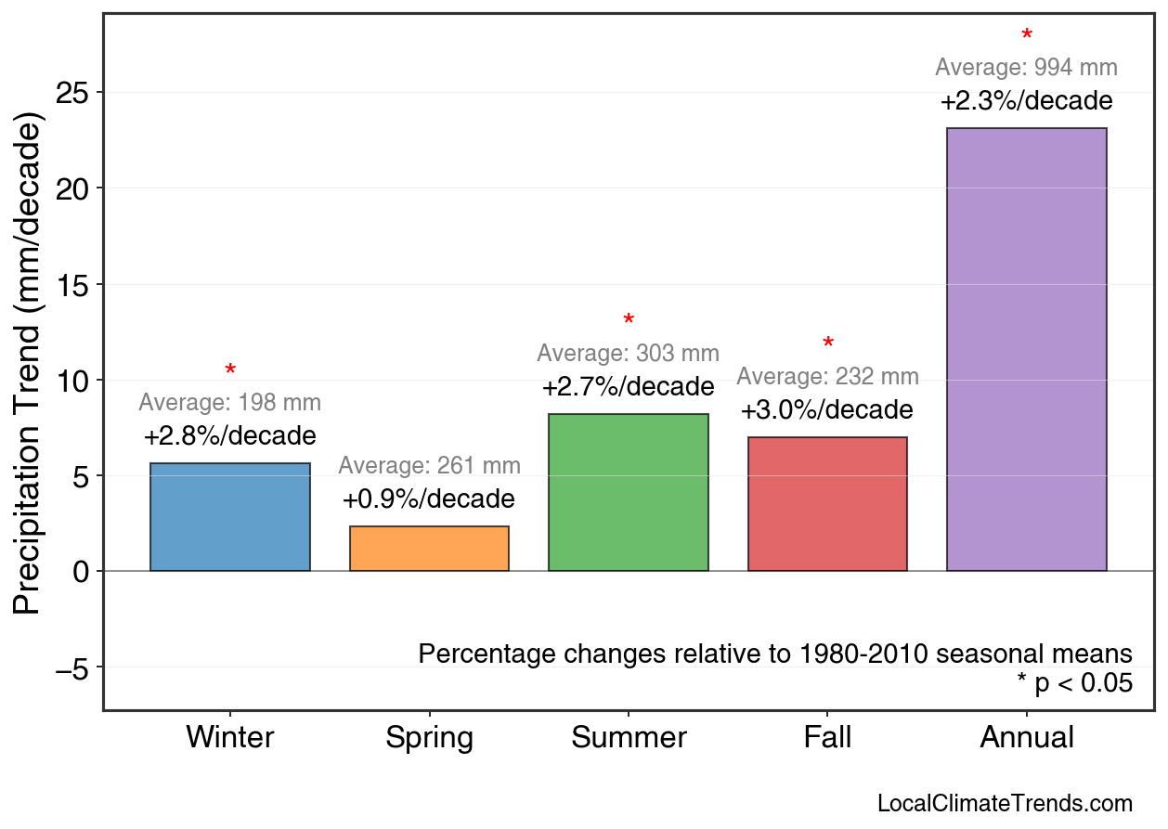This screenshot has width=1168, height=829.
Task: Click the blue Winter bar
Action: click(x=230, y=517)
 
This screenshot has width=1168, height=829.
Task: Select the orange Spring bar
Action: click(x=429, y=549)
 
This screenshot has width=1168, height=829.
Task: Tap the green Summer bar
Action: click(x=629, y=492)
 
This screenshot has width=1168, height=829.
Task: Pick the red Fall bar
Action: click(x=827, y=504)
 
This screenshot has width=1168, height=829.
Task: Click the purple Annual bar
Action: click(x=1026, y=349)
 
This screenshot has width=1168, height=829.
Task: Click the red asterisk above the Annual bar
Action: click(x=1026, y=36)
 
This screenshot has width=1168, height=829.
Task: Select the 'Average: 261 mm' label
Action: click(x=429, y=466)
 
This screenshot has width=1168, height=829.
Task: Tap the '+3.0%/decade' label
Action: click(x=827, y=410)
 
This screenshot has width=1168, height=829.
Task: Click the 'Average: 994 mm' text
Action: click(x=1026, y=68)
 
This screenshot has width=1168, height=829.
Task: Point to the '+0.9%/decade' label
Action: click(x=429, y=499)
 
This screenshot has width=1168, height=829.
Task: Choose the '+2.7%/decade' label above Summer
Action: click(x=629, y=386)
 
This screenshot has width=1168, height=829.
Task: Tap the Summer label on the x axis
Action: click(x=629, y=738)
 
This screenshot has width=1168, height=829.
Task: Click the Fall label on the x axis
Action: click(x=827, y=738)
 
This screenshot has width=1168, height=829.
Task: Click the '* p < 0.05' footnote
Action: click(x=1074, y=683)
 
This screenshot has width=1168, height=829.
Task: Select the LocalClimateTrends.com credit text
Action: click(x=1005, y=804)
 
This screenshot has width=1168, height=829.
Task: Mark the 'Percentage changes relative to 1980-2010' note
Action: click(x=775, y=654)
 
